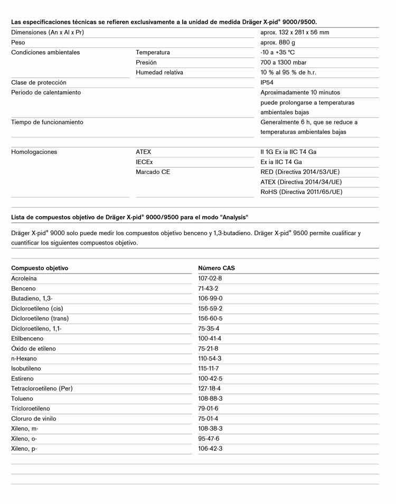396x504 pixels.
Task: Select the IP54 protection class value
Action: point(267,83)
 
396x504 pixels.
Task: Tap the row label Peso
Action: point(18,42)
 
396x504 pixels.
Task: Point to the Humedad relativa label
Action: point(159,72)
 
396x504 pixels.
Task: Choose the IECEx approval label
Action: point(144,162)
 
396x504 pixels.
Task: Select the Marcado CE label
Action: point(153,172)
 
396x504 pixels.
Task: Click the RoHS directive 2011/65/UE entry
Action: point(301,192)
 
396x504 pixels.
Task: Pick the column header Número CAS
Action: point(216,268)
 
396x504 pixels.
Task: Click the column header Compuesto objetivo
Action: point(40,268)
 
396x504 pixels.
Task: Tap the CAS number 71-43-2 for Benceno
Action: point(208,288)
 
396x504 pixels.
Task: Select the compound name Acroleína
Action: point(24,278)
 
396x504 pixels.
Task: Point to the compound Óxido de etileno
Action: point(33,348)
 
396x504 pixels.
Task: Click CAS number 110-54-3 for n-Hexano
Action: point(210,358)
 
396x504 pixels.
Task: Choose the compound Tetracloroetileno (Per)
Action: point(42,389)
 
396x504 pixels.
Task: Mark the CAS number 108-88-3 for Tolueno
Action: point(210,399)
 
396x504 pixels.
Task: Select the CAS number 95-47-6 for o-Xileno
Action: point(209,439)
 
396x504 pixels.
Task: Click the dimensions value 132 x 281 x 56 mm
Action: point(295,32)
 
